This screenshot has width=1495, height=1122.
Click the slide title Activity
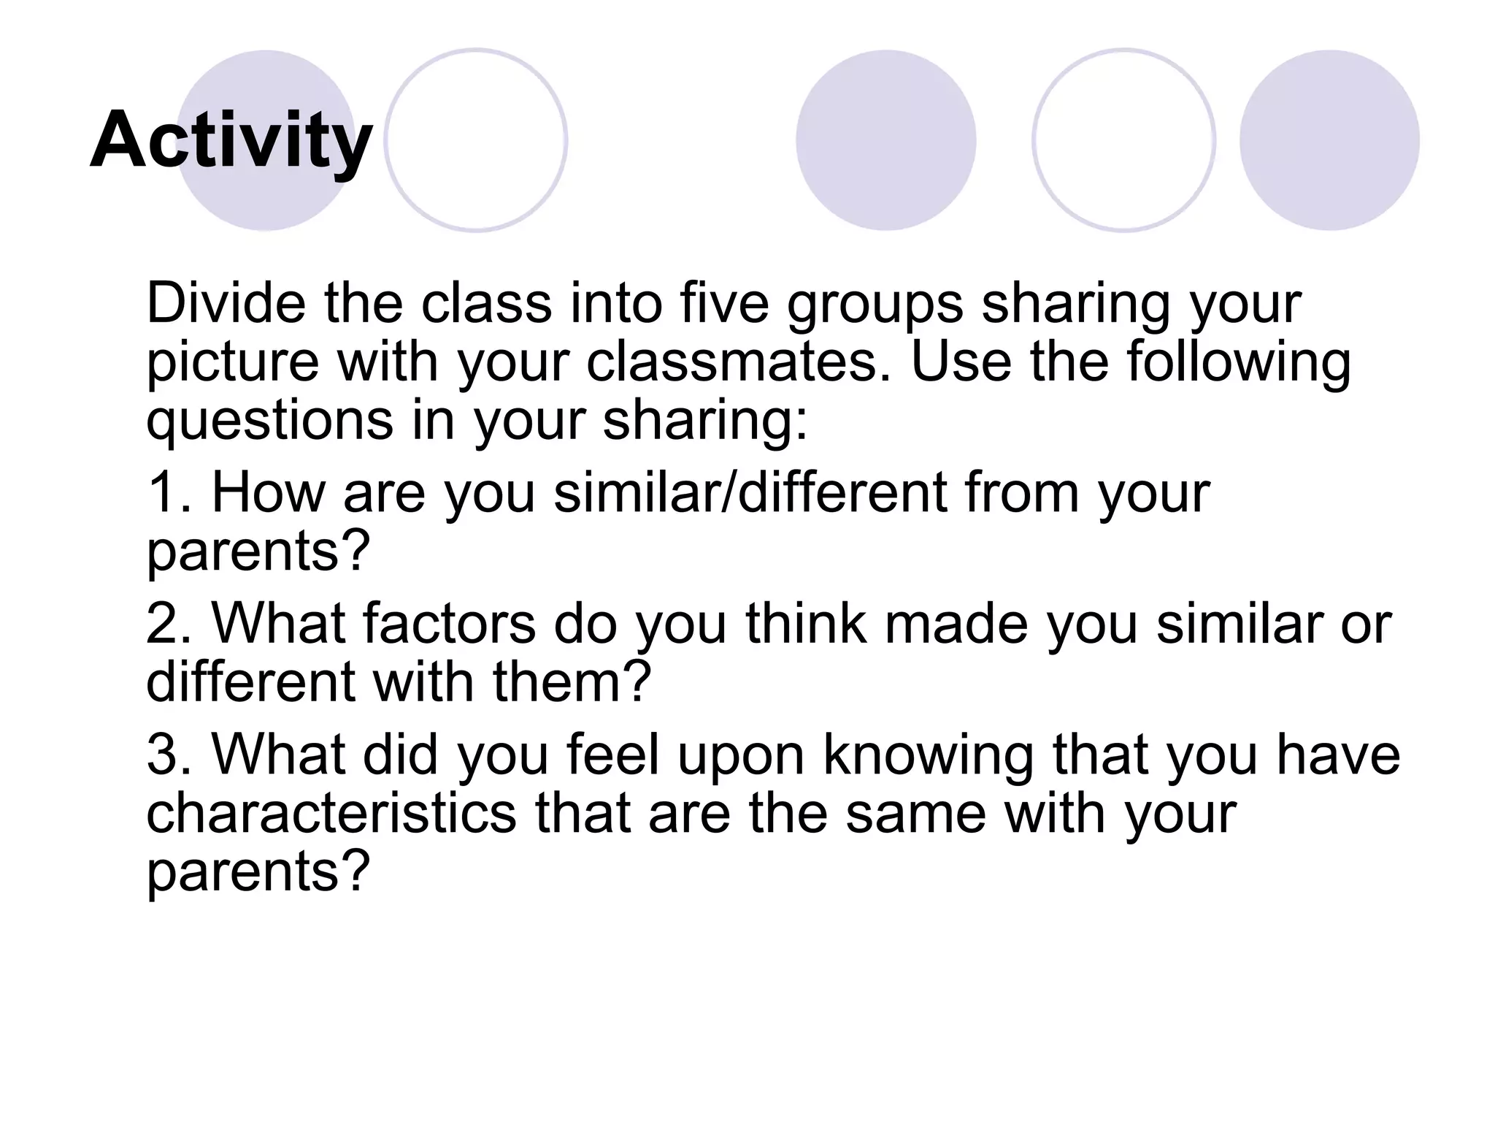click(x=231, y=140)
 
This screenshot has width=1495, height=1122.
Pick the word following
click(x=1238, y=364)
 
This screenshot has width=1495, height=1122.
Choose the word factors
click(x=448, y=624)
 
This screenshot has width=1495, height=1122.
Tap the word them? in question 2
click(x=571, y=682)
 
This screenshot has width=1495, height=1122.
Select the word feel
click(x=612, y=755)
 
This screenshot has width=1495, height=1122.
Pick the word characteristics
click(x=331, y=814)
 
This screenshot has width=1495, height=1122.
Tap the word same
click(x=916, y=814)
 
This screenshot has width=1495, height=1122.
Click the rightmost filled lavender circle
click(x=1329, y=140)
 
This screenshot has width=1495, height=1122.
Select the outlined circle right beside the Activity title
click(x=476, y=140)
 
